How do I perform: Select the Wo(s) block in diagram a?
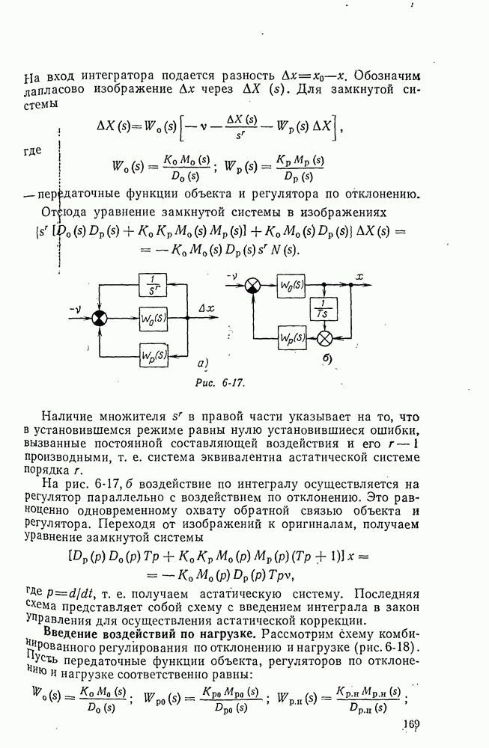[154, 319]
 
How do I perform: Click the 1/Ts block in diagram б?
[324, 309]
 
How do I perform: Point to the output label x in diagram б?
[359, 277]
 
